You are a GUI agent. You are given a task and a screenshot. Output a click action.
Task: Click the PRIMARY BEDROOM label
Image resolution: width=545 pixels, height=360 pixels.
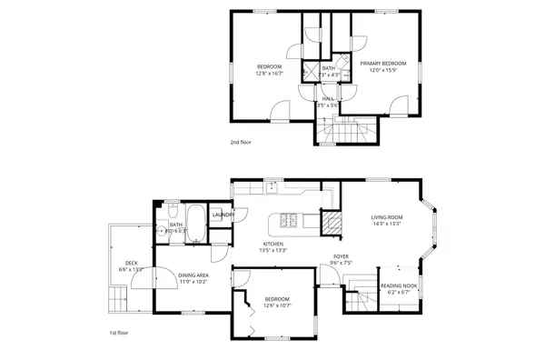pyautogui.click(x=381, y=64)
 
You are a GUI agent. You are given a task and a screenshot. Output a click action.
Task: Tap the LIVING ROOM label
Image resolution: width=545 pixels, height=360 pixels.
pyautogui.click(x=386, y=217)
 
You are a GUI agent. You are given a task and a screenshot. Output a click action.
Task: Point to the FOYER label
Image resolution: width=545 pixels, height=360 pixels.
pyautogui.click(x=341, y=257)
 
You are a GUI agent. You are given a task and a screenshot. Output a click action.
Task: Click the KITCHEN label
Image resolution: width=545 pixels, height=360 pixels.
pyautogui.click(x=273, y=244)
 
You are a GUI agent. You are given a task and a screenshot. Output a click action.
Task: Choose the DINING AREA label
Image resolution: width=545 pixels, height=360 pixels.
pyautogui.click(x=193, y=275)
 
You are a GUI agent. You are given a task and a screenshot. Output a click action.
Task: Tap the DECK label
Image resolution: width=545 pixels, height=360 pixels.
pyautogui.click(x=131, y=262)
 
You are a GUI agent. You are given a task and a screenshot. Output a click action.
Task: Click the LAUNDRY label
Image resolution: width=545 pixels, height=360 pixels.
pyautogui.click(x=223, y=215)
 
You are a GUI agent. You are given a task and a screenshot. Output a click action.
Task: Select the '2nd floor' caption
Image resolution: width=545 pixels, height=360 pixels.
pyautogui.click(x=242, y=143)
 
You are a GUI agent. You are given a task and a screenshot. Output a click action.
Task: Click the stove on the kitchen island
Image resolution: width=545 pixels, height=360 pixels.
pyautogui.click(x=290, y=220)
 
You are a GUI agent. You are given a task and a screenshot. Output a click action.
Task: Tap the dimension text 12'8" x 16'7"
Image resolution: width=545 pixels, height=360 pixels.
pyautogui.click(x=269, y=74)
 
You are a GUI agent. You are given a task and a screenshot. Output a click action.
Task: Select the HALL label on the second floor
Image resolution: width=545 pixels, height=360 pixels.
pyautogui.click(x=327, y=98)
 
